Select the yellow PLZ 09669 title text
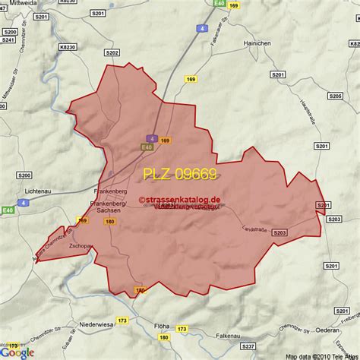pyautogui.click(x=181, y=174)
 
